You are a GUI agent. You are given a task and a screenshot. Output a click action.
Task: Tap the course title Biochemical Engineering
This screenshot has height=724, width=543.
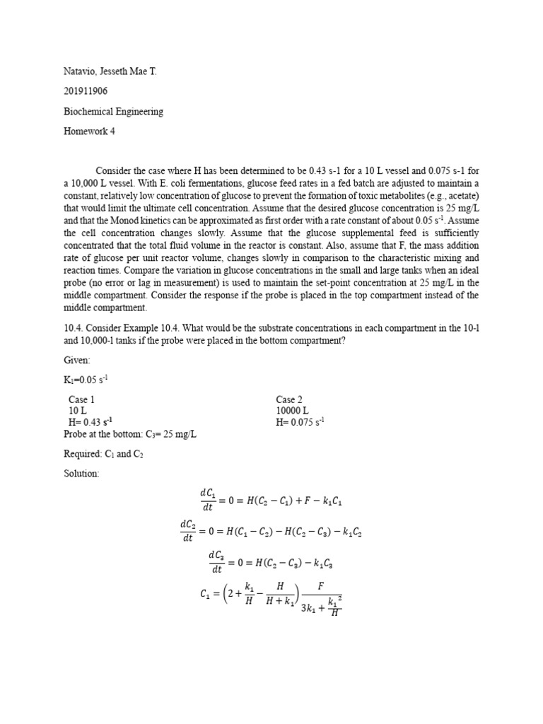click(113, 111)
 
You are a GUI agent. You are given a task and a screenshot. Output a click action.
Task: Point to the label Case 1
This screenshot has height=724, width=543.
click(81, 399)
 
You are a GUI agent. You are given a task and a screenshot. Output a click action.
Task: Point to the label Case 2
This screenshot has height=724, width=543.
click(290, 399)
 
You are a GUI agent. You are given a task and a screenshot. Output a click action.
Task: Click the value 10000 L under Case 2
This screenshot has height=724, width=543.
click(292, 411)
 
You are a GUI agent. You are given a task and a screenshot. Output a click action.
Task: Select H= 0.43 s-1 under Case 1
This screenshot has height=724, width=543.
click(90, 422)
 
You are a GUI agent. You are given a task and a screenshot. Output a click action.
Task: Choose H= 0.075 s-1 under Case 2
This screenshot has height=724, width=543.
click(300, 422)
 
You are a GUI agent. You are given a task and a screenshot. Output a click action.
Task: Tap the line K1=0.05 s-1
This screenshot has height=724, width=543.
click(86, 380)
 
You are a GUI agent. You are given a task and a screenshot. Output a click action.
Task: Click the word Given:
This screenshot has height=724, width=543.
click(77, 360)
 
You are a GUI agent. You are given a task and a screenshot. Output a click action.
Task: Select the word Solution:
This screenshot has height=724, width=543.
click(81, 473)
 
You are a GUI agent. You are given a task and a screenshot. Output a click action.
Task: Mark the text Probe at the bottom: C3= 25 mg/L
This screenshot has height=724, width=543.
click(129, 433)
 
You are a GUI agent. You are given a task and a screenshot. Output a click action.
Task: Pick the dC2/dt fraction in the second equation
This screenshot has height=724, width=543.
click(187, 531)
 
